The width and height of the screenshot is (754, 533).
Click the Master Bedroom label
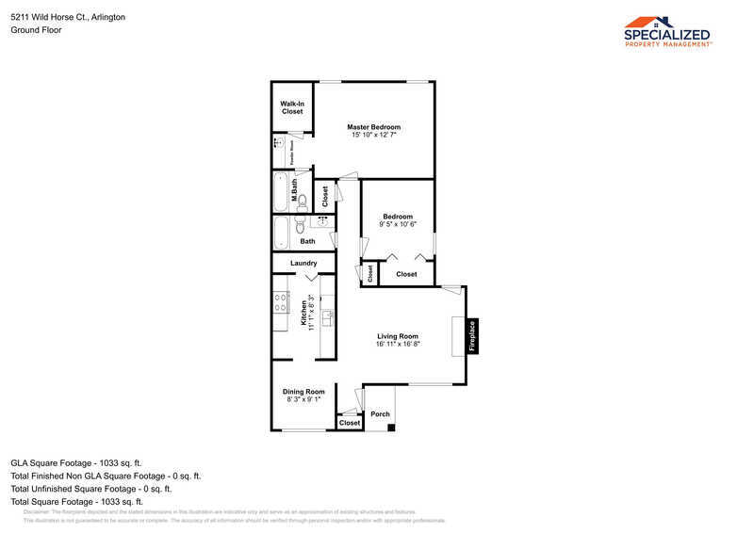click(373, 127)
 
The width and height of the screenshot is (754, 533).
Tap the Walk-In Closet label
click(292, 107)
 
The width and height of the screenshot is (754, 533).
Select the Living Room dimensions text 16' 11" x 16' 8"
click(398, 345)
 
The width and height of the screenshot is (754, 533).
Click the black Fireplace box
click(472, 336)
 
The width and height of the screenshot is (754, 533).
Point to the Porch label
click(380, 414)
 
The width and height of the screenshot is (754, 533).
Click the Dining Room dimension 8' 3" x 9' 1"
click(303, 399)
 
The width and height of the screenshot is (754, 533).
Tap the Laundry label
click(303, 263)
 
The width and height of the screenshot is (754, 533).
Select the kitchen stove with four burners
click(280, 302)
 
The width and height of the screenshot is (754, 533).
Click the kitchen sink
click(327, 318)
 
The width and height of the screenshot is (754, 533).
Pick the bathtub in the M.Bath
click(281, 191)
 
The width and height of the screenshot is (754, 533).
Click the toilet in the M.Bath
click(302, 200)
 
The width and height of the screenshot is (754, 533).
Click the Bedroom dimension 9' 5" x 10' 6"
click(398, 224)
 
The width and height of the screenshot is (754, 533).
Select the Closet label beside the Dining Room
click(350, 423)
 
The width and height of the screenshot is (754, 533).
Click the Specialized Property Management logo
click(668, 31)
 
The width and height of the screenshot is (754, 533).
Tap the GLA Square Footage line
click(75, 462)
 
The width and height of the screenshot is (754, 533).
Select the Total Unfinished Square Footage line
click(90, 489)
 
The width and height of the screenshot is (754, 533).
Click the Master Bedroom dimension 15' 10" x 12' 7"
click(373, 136)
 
